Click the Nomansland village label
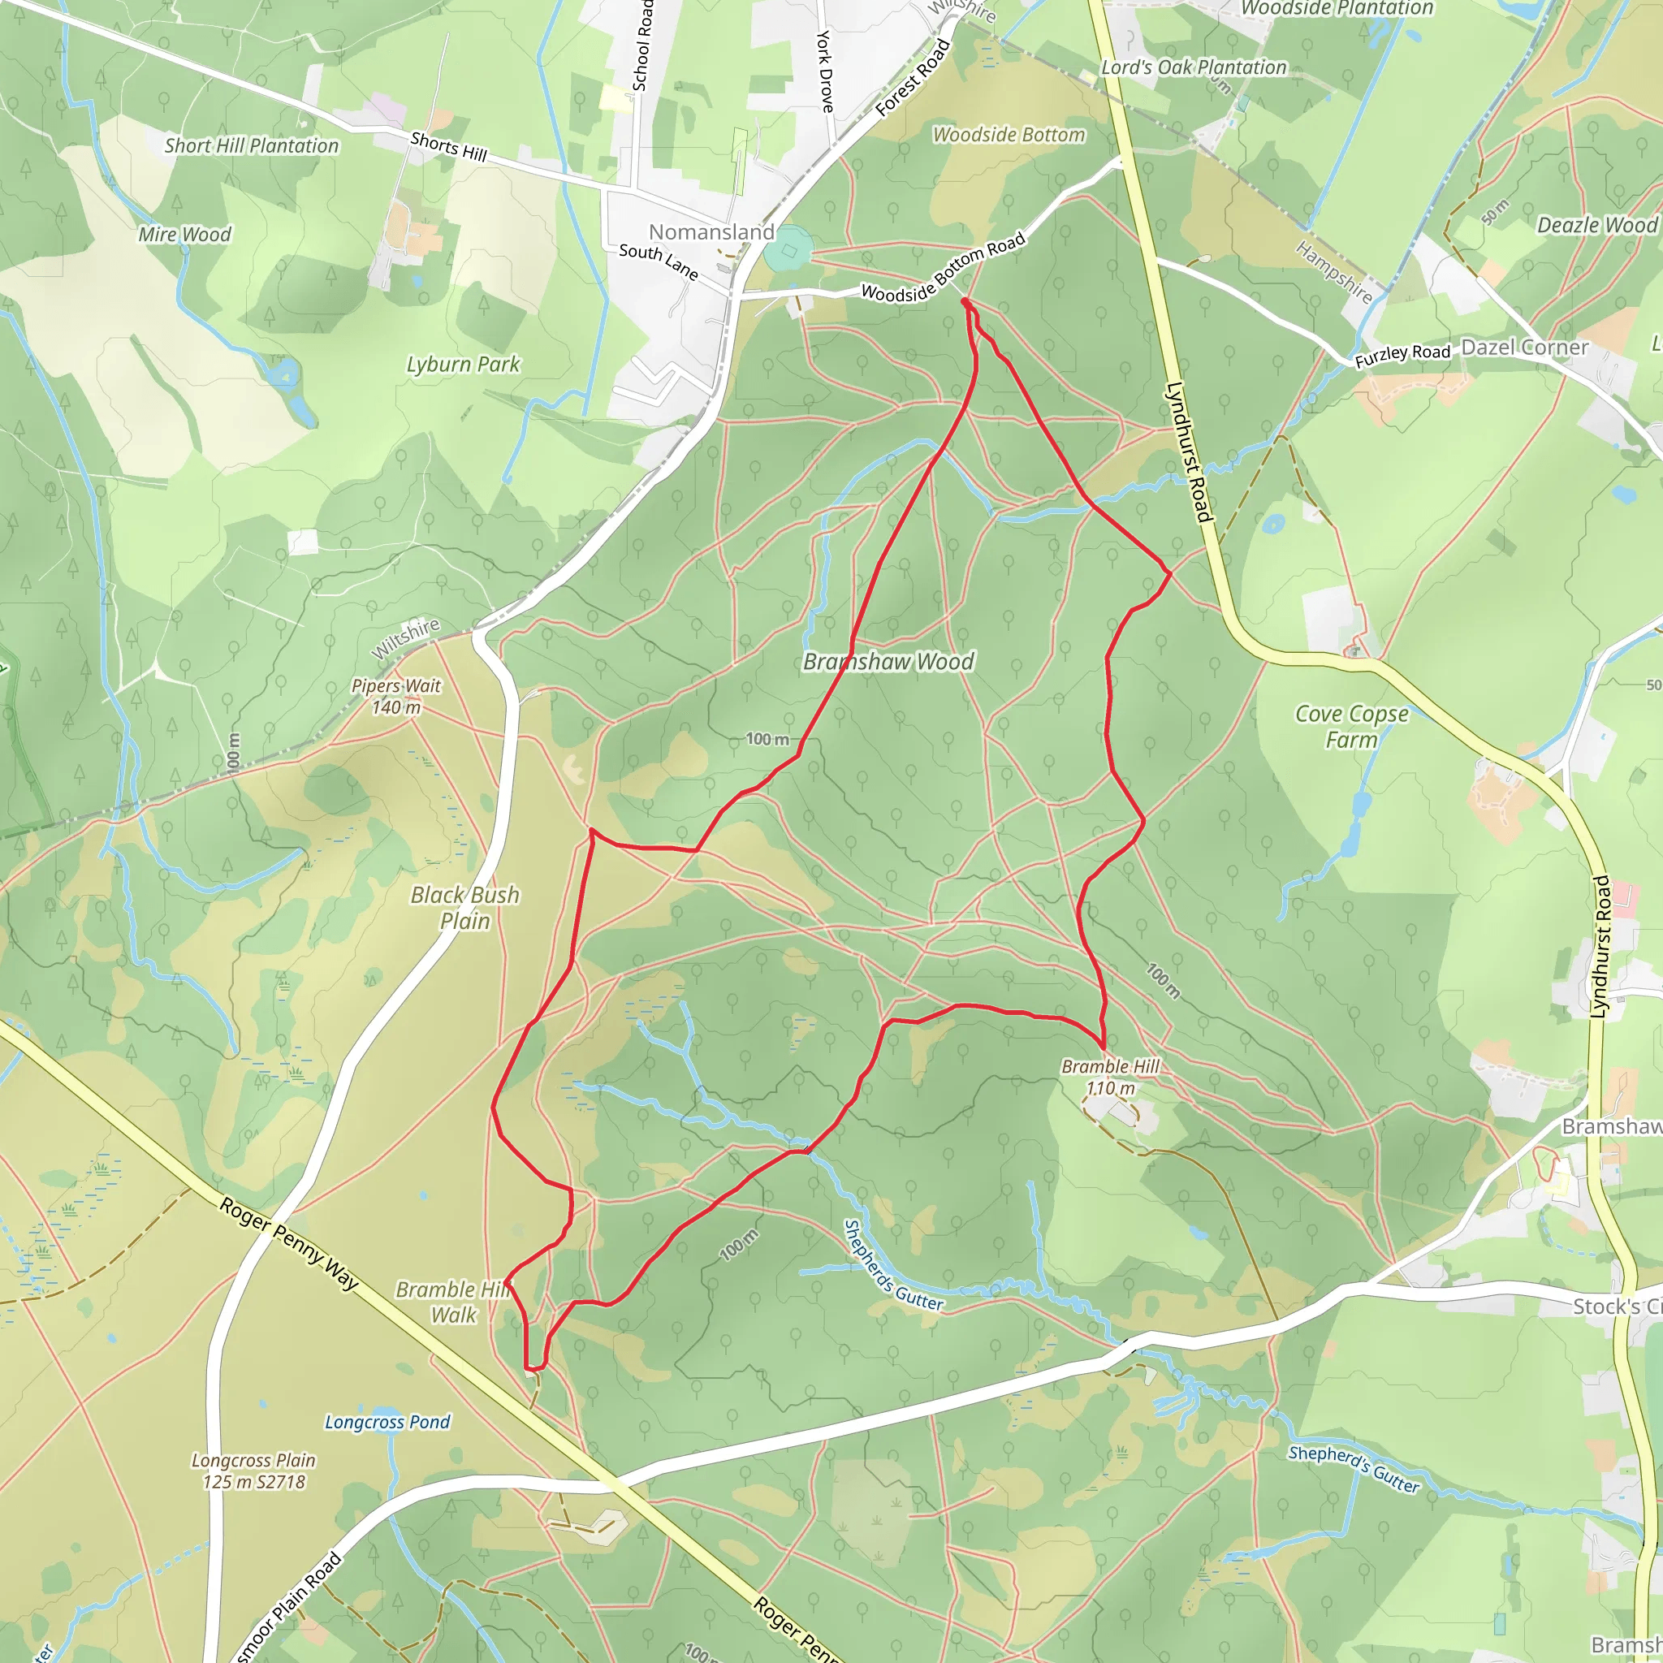(711, 231)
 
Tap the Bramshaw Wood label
(888, 662)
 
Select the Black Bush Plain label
(464, 908)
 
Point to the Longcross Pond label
(387, 1422)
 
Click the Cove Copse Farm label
(1351, 727)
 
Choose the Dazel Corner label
(1524, 348)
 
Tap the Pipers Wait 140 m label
(396, 697)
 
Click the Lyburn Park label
(463, 364)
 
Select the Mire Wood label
(184, 234)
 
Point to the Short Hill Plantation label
(252, 145)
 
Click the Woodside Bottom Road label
(943, 268)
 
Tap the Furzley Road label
(1402, 355)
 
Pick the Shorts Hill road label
(448, 147)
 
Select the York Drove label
(825, 71)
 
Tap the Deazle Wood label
(1596, 226)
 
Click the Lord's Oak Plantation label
(1193, 67)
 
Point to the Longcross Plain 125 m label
(253, 1471)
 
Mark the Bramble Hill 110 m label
(1110, 1077)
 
